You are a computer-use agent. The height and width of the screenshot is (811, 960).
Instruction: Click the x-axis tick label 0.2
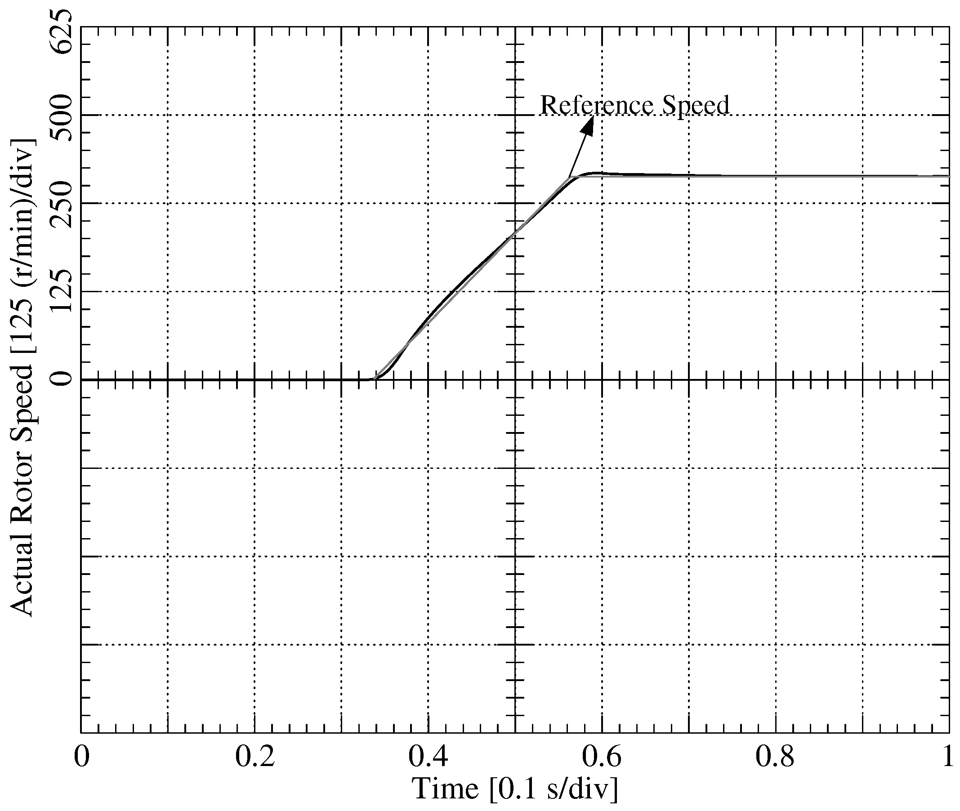pyautogui.click(x=255, y=757)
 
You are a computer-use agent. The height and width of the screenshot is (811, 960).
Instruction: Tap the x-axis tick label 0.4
pyautogui.click(x=428, y=757)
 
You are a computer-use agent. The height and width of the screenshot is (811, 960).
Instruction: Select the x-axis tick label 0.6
pyautogui.click(x=602, y=757)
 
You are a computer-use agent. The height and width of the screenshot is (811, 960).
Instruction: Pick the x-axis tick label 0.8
pyautogui.click(x=775, y=757)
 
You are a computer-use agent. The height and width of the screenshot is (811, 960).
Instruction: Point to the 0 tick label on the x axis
pyautogui.click(x=81, y=757)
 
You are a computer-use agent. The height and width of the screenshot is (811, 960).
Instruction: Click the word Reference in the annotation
pyautogui.click(x=596, y=105)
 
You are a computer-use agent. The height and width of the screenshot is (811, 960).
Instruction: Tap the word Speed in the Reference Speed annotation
pyautogui.click(x=696, y=106)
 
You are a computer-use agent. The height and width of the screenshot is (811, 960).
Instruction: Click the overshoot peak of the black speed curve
pyautogui.click(x=596, y=174)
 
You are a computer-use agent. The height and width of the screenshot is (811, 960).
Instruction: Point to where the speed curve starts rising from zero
pyautogui.click(x=375, y=379)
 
